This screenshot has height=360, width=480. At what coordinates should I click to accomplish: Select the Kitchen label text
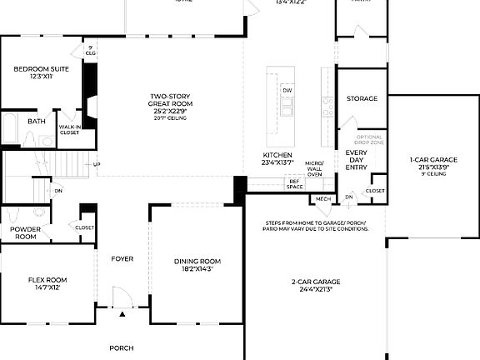tap(278, 156)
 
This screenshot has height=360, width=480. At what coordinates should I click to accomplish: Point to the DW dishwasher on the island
tap(287, 90)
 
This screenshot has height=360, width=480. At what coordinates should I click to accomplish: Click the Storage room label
tap(362, 98)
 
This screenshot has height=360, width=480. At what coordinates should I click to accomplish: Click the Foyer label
tap(122, 258)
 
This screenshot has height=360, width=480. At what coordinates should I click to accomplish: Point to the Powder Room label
tap(25, 232)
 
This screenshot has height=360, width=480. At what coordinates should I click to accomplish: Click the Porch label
tap(122, 347)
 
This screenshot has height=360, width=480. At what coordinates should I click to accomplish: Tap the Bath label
tap(37, 122)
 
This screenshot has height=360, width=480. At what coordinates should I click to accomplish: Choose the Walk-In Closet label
tap(69, 129)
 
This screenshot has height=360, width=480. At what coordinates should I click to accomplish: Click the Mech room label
tap(322, 199)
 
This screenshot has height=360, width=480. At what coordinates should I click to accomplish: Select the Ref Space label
tap(294, 184)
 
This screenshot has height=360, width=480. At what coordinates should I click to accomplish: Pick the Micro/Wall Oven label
tap(314, 168)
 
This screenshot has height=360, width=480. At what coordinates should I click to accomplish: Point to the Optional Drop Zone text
tap(370, 139)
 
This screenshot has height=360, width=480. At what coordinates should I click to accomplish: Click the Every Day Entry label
tap(357, 159)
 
